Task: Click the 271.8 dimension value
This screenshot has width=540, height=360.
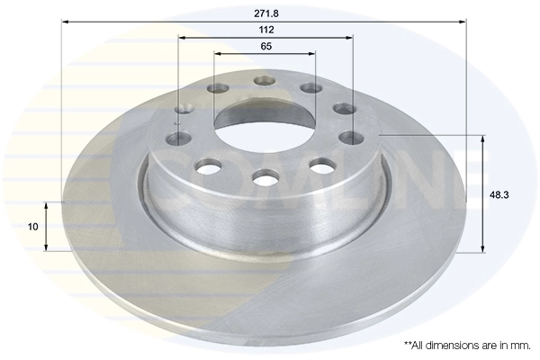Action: point(265,14)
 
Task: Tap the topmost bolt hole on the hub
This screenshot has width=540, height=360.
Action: point(264,81)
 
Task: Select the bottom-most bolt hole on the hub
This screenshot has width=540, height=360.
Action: point(265,178)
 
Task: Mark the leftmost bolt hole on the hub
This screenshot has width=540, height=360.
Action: point(180,139)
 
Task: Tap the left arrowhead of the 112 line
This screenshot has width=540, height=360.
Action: point(181,38)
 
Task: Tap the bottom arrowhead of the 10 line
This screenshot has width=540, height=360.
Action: point(48,248)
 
